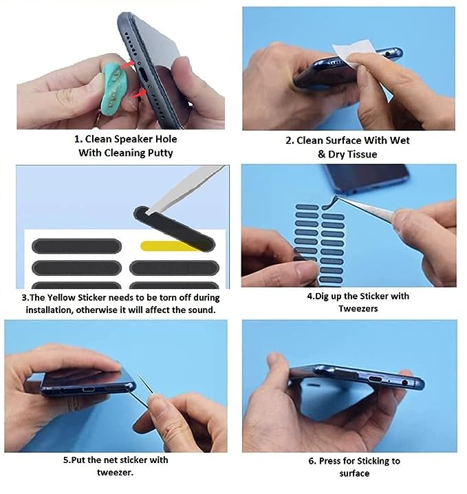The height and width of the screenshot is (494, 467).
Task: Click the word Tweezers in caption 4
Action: click(358, 309)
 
